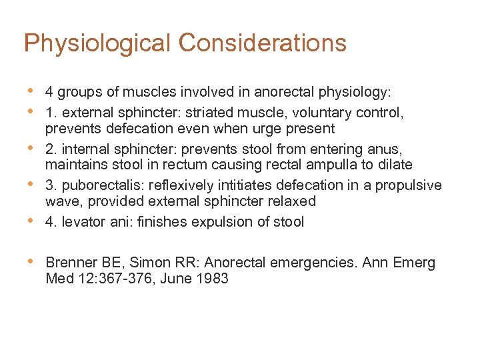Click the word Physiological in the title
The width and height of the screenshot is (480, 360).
[97, 43]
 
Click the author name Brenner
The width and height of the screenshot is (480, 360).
[72, 263]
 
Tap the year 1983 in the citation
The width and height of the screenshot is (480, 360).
[212, 279]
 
